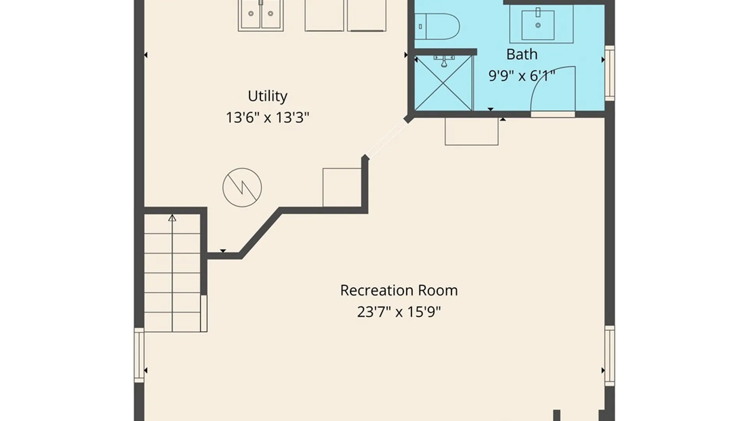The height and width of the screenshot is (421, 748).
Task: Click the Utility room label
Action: click(268, 96)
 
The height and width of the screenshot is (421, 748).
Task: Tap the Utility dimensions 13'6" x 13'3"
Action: click(268, 117)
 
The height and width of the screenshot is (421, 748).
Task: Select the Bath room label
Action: click(522, 54)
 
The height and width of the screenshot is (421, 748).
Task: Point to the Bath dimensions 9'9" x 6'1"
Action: click(522, 75)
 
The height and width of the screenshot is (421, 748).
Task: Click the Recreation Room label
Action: click(399, 290)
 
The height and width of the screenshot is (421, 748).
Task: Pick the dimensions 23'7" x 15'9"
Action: click(399, 312)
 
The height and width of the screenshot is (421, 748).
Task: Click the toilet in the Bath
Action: click(437, 27)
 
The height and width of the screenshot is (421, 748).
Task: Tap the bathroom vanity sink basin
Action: click(538, 25)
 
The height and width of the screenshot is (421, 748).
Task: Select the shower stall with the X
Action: click(443, 83)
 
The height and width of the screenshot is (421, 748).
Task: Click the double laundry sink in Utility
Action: click(261, 15)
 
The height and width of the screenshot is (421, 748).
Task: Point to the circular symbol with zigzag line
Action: click(242, 188)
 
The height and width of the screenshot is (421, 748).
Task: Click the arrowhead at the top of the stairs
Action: click(172, 218)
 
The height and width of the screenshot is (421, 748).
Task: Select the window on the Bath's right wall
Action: click(610, 73)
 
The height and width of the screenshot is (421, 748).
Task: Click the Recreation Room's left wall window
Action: click(139, 355)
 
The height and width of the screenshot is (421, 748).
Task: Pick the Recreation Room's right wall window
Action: click(610, 356)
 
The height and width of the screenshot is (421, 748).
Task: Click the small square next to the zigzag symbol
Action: click(342, 188)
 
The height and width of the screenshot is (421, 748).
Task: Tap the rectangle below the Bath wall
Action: click(471, 131)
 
